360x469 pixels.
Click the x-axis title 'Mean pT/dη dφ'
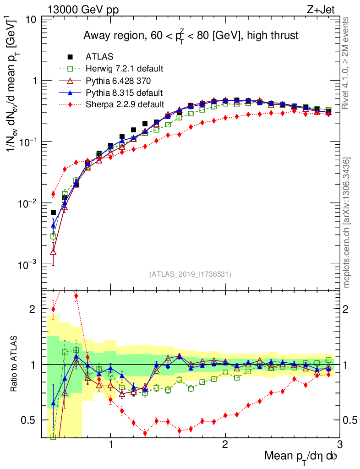point(301,456)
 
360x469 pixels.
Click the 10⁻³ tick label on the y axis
point(28,265)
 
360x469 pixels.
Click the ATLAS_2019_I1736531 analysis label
point(190,274)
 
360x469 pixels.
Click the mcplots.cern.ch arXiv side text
point(347,223)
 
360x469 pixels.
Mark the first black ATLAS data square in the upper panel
point(53,212)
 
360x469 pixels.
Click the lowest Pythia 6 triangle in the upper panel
point(53,251)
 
